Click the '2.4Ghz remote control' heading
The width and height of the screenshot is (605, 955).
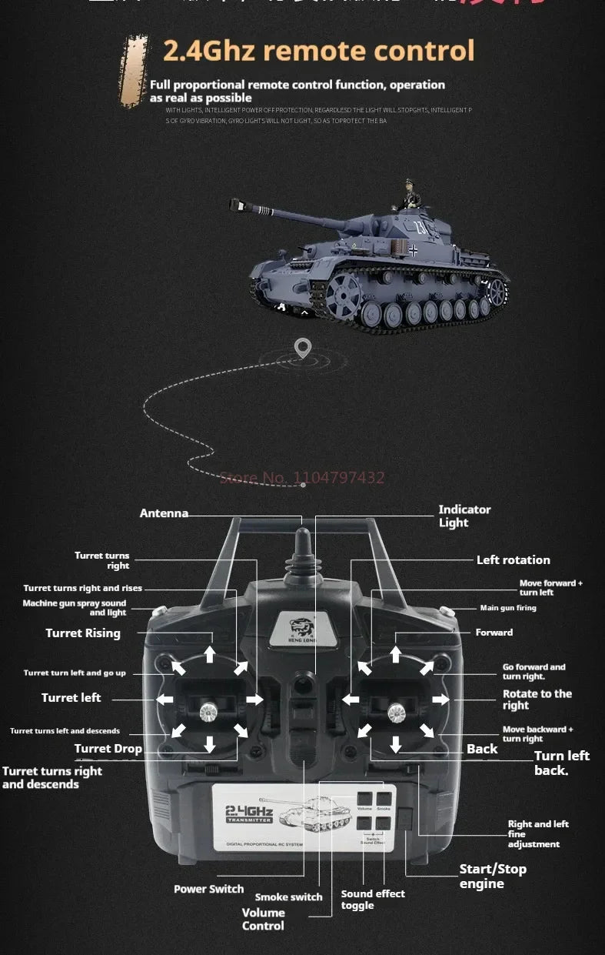pos(318,51)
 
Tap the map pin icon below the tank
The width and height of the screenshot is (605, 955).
pos(303,348)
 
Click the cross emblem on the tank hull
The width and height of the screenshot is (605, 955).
pos(414,250)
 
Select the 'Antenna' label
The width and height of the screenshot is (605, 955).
pos(164,513)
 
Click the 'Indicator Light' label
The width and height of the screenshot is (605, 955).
pos(464,516)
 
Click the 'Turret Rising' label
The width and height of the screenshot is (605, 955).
pos(83,633)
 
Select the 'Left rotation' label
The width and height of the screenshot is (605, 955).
pos(513,560)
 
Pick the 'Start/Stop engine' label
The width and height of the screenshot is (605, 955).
pos(493,876)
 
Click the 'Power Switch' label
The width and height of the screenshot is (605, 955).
pos(208,889)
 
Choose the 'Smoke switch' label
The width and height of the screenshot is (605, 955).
pos(289,897)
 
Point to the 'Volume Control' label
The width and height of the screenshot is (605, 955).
pos(263,919)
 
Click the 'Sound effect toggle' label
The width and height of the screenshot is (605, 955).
pos(373,899)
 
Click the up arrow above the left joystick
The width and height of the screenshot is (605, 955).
pos(209,655)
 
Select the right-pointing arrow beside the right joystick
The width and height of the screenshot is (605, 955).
pos(440,700)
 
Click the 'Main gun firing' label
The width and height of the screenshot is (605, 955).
pos(508,608)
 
